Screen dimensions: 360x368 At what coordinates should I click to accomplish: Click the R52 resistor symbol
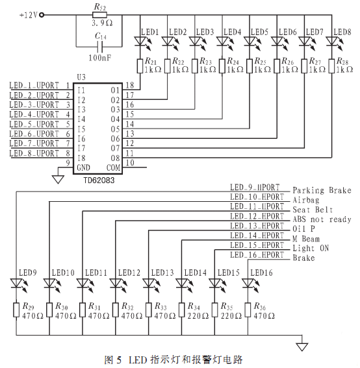[99, 16]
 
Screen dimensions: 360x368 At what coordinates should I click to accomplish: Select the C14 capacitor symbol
[100, 47]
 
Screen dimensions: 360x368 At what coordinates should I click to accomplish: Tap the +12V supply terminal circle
[42, 16]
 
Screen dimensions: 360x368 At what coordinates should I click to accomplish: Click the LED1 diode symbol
[140, 41]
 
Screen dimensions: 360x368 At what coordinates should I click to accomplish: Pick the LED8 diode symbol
[332, 41]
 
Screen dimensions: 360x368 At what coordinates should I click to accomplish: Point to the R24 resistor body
[222, 66]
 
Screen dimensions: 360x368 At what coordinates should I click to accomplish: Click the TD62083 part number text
[99, 180]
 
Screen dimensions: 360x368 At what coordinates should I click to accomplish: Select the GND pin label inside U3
[83, 167]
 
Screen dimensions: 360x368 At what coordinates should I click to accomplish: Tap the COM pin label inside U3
[114, 167]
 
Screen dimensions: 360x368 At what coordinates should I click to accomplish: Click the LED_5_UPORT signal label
[34, 124]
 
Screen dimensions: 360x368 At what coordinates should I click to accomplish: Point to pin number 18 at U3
[130, 85]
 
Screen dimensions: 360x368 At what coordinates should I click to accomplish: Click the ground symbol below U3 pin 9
[58, 180]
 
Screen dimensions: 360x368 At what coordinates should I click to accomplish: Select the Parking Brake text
[322, 190]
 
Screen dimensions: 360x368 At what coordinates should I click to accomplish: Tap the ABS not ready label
[322, 219]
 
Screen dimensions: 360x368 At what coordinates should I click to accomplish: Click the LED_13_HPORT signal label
[257, 226]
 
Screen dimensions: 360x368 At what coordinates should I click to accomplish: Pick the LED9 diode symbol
[16, 283]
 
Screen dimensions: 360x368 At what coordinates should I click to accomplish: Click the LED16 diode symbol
[248, 283]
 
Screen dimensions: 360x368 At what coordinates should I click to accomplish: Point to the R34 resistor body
[182, 310]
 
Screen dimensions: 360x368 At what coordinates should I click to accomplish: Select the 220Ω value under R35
[231, 316]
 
